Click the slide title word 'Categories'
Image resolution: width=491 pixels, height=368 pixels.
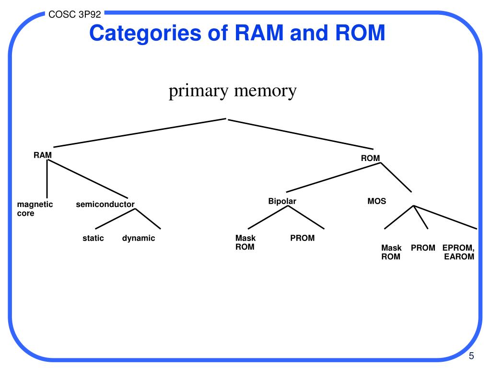145,34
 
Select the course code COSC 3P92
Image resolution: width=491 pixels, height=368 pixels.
74,14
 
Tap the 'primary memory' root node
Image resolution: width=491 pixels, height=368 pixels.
233,91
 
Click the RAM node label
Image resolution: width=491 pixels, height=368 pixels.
43,155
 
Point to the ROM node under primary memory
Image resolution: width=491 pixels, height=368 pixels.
371,158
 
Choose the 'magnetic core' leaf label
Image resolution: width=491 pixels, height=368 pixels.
35,209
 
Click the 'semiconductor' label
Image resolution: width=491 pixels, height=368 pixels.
105,204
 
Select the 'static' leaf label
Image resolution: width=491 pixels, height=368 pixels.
93,238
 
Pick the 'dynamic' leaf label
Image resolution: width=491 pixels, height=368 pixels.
139,239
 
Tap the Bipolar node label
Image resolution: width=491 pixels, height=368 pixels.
282,201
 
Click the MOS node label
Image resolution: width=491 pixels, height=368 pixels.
377,201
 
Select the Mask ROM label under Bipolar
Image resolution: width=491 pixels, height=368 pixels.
245,242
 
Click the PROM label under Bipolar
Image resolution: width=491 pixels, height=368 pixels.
302,238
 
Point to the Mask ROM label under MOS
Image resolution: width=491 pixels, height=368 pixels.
391,252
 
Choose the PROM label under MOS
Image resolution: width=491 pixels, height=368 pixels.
423,248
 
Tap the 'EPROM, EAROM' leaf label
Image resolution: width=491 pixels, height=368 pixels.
458,252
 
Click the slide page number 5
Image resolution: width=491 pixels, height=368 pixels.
471,356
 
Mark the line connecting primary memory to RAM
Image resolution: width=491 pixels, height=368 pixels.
140,133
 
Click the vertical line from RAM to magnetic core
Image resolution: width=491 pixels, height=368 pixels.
47,179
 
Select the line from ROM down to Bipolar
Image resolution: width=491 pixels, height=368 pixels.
333,177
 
